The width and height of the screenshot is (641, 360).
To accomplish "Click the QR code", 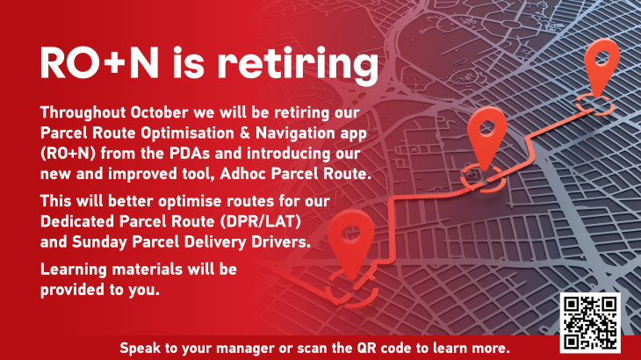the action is [x=590, y=322].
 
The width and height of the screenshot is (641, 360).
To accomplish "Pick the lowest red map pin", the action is [x=350, y=244].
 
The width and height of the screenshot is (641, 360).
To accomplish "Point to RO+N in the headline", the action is [x=99, y=63].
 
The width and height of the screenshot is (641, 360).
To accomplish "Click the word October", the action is [x=160, y=112].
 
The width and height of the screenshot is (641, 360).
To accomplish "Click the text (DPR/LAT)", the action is [x=261, y=221].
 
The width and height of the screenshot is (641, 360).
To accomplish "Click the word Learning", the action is [x=74, y=270].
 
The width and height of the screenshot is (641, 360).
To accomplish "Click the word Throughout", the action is [x=83, y=112].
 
